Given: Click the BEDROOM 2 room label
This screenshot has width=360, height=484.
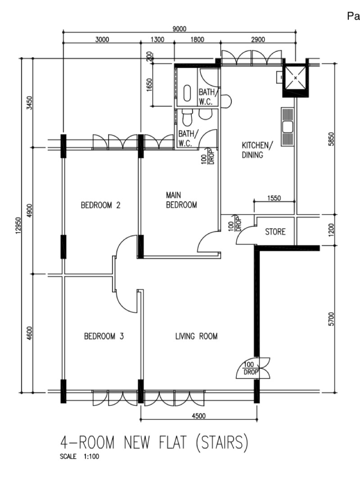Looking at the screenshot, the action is (100, 205).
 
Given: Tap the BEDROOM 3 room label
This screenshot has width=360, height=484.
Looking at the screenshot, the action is (104, 336).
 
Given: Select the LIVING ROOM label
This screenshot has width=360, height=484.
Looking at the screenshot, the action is (197, 336).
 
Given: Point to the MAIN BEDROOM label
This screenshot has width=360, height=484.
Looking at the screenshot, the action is (181, 200).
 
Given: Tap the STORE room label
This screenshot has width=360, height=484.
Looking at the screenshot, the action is (275, 231).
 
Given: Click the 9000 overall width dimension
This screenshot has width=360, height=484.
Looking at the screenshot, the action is (179, 29).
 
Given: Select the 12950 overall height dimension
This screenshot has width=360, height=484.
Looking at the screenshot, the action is (18, 226).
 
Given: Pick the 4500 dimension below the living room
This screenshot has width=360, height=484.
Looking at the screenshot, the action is (198, 416).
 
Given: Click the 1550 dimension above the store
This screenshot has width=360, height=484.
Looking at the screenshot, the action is (274, 198).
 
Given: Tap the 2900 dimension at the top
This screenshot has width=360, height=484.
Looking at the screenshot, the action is (258, 40).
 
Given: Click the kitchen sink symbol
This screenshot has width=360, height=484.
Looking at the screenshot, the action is (288, 127).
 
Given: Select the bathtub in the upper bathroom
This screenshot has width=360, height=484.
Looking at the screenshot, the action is (187, 93).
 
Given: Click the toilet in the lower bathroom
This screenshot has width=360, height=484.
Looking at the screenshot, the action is (187, 118).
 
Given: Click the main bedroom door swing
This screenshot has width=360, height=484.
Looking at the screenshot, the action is (208, 241).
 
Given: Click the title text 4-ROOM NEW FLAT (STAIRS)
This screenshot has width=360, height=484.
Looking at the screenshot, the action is (154, 443).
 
